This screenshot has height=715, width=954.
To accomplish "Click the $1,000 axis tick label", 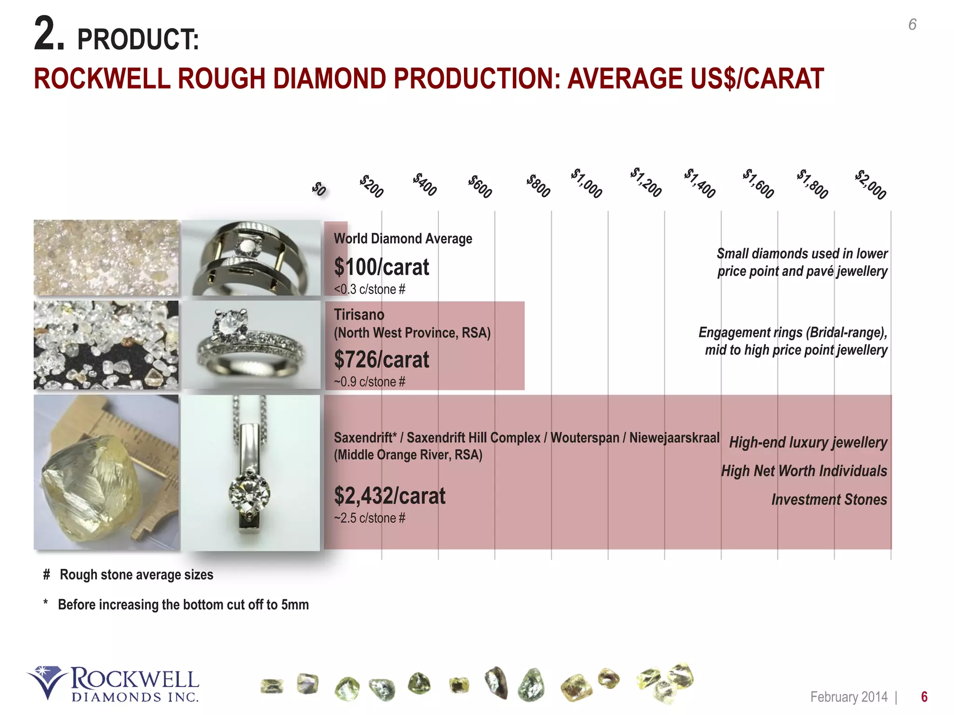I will click(x=586, y=183).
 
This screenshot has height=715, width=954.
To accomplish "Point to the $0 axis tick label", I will click(x=319, y=189).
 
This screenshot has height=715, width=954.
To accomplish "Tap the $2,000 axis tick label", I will click(x=870, y=185).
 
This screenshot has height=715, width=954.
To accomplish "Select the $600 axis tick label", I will click(x=480, y=186).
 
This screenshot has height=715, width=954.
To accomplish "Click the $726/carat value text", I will click(x=381, y=360).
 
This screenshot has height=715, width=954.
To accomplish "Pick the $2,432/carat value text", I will click(x=389, y=496).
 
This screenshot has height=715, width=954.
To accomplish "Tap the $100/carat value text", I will click(x=381, y=267).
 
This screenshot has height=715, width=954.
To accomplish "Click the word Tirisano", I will click(x=359, y=315).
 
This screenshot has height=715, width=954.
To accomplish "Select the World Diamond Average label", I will click(x=403, y=239).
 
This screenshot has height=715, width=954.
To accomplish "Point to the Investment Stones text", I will click(x=829, y=499).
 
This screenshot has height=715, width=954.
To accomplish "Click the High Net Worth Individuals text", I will click(x=804, y=471).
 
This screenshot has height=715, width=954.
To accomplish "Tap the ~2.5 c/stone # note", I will click(x=369, y=518).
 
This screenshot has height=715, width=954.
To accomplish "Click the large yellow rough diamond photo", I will click(x=106, y=472).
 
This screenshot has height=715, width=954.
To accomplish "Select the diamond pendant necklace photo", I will click(x=251, y=472).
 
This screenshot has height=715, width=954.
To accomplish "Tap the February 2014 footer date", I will click(x=849, y=697).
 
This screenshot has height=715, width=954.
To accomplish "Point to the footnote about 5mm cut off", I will click(x=183, y=605).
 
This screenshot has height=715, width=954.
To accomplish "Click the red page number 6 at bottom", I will click(x=924, y=697).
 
